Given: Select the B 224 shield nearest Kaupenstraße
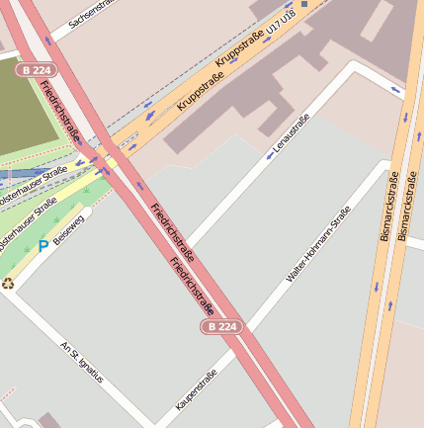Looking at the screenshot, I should (221, 326).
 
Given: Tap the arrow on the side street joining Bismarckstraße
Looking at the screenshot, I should (395, 92).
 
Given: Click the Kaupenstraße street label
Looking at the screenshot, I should (196, 389).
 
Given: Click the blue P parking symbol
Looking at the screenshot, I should (42, 245).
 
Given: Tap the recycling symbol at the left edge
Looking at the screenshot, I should (8, 283).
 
